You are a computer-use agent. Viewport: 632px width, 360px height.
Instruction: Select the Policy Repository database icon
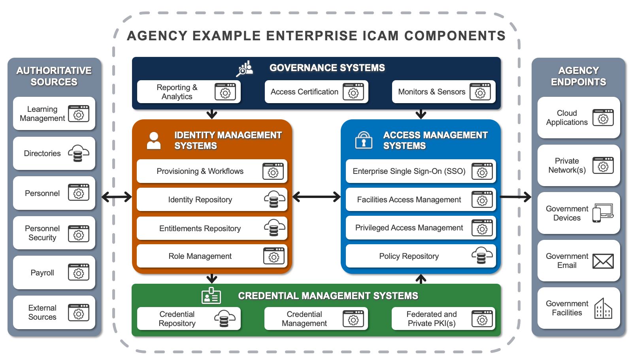coord(482,256)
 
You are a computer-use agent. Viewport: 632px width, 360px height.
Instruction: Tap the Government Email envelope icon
coord(603,261)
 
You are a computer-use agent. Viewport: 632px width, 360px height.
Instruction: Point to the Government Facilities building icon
coord(603,309)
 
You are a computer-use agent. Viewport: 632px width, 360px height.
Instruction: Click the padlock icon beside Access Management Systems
coord(364,140)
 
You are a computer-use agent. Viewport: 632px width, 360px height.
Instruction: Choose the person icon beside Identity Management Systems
coord(154,140)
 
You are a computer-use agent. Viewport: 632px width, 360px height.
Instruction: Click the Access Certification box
coord(316,92)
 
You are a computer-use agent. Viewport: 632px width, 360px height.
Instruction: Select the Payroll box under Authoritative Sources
coord(54,273)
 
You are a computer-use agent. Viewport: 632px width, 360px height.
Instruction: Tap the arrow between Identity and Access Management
coord(316,196)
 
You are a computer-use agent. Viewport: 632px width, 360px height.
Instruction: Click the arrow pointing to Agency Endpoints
coord(516,196)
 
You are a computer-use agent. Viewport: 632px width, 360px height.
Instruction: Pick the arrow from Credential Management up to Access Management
coord(421,279)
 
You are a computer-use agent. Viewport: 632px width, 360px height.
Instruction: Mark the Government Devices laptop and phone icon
coord(603,213)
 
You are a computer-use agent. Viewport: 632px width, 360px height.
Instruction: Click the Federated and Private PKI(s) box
coord(443,319)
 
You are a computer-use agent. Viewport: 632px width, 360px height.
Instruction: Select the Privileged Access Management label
coord(409,228)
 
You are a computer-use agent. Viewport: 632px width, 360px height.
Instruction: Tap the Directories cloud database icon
coord(78,153)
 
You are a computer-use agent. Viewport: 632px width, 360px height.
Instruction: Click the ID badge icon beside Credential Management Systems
coord(211,296)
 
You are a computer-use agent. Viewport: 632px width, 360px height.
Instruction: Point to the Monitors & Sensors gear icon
coord(480,92)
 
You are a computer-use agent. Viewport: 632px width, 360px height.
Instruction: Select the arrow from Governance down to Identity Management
coord(212,114)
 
